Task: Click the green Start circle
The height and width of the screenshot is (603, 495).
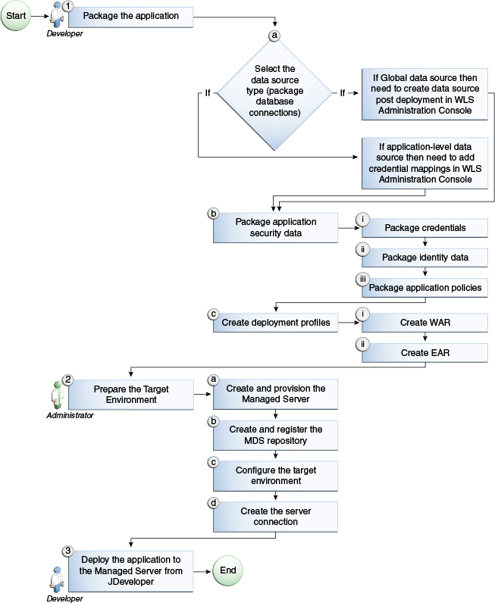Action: (x=16, y=16)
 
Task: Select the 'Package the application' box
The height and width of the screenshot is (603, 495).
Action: (x=130, y=16)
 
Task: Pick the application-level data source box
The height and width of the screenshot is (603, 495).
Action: (x=423, y=163)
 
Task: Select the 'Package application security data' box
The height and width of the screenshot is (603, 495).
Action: (x=274, y=227)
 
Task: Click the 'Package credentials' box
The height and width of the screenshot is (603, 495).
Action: (x=425, y=227)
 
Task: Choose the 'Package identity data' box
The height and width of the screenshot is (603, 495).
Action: (x=425, y=258)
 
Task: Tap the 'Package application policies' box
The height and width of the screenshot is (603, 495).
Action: (x=425, y=288)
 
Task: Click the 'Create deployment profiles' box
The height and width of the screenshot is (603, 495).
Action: (x=274, y=323)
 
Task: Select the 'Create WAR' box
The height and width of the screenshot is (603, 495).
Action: (x=425, y=323)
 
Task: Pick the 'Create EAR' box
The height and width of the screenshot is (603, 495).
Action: (x=425, y=353)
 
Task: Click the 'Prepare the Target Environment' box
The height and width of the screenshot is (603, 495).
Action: (x=130, y=394)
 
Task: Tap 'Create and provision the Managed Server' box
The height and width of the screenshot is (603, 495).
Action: (x=274, y=394)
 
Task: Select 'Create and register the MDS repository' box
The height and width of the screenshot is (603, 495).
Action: (x=274, y=435)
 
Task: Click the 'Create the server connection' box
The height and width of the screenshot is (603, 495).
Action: (x=274, y=517)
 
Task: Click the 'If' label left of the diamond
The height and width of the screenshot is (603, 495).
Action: (x=207, y=93)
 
